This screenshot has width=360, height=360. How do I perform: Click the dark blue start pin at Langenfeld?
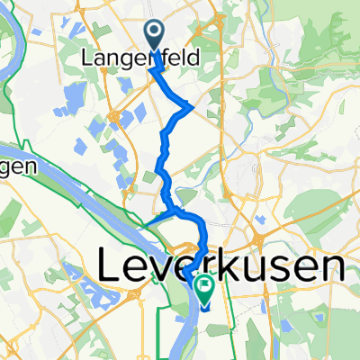point(154,35)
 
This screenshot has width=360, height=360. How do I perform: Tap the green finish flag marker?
point(205,289)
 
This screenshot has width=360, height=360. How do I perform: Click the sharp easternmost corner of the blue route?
point(192,107)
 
